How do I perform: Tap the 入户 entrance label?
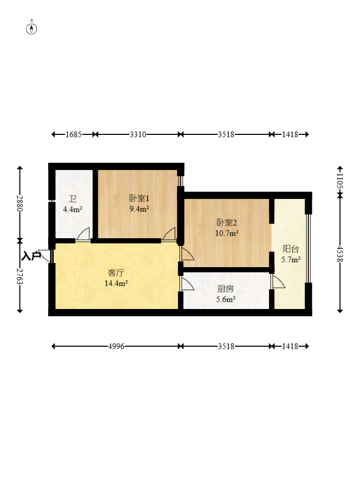tap(31, 256)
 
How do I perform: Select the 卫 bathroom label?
tap(72, 199)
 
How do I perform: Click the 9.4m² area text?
tap(139, 209)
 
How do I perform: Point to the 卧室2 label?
tap(227, 223)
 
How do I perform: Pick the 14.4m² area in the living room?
tap(116, 283)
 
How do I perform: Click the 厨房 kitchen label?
tap(226, 289)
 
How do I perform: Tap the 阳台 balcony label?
tap(291, 249)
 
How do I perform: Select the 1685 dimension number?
tap(73, 134)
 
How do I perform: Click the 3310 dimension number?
tap(138, 134)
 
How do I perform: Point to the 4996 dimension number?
tap(116, 346)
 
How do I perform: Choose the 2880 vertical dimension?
tap(20, 204)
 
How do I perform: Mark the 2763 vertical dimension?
tap(20, 276)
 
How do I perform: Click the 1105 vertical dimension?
tap(340, 181)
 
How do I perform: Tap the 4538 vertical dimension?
tap(340, 254)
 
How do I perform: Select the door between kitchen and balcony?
tap(278, 282)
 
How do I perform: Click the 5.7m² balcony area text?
tap(291, 260)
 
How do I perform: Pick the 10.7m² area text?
tap(227, 234)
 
